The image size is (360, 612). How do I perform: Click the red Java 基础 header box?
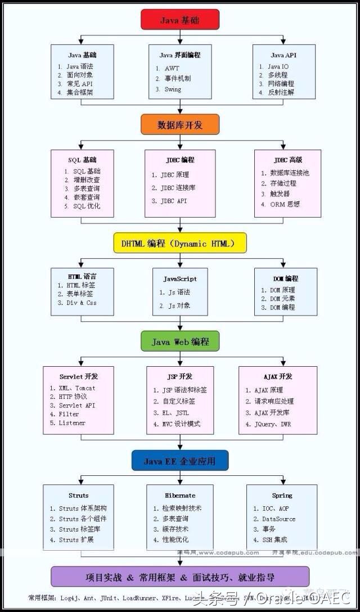179,20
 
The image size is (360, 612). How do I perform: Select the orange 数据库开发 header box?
179,124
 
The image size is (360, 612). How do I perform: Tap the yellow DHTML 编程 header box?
180,244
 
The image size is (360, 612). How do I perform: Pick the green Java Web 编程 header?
180,341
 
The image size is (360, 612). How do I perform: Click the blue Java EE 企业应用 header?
179,461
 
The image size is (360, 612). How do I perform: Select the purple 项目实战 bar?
180,577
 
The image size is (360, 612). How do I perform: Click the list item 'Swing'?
173,89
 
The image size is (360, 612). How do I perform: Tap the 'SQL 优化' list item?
86,206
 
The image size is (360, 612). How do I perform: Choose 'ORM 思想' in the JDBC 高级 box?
285,204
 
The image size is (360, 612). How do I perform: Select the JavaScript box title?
180,278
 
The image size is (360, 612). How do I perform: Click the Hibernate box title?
180,495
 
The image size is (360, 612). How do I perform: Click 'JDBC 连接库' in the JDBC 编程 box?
178,187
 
